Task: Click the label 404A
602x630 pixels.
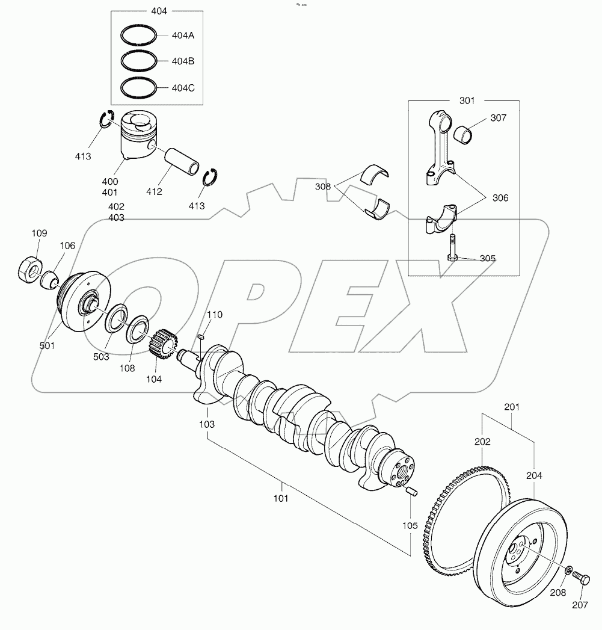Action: coord(182,36)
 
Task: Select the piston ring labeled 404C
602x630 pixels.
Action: coord(139,88)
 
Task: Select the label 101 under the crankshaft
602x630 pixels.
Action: coord(281,498)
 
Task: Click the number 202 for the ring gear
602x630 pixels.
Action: coord(482,442)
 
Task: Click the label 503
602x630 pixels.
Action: coord(101,357)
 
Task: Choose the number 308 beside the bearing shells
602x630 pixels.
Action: coord(322,187)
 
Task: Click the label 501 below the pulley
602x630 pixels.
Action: coord(47,345)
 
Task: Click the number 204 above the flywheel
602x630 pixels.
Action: coord(534,475)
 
